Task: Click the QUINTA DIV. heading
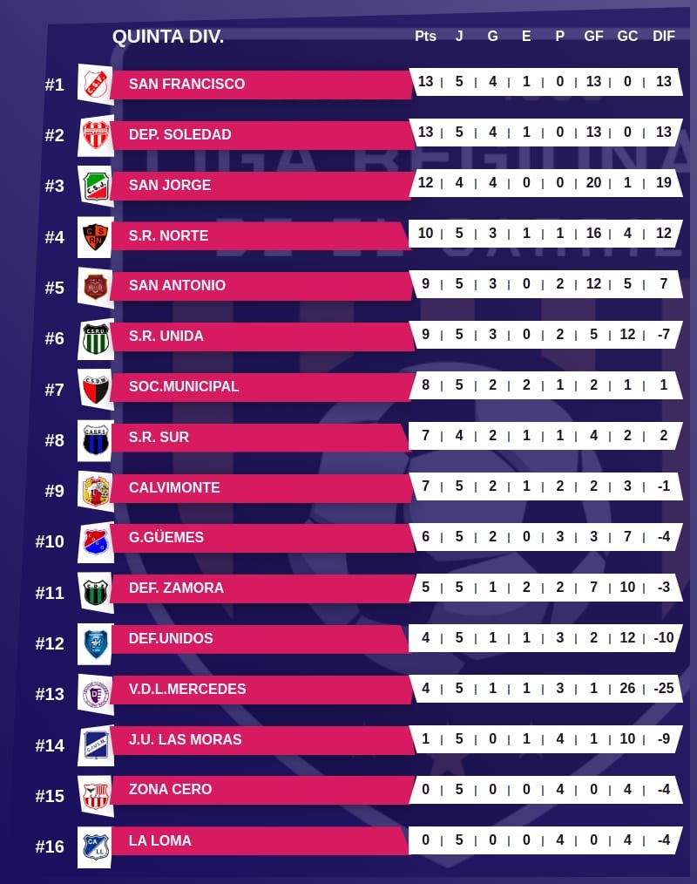click(168, 37)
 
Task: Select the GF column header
click(593, 37)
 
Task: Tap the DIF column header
click(664, 37)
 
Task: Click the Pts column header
click(425, 37)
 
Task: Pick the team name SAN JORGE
click(170, 185)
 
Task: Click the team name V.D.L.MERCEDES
click(187, 689)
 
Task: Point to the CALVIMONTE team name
click(174, 487)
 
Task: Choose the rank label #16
click(50, 847)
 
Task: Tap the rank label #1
click(55, 85)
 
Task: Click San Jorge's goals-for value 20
click(593, 182)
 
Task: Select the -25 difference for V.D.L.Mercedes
click(664, 688)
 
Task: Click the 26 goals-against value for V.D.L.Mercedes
click(627, 688)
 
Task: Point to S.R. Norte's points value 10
click(425, 233)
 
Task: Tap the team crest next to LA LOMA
click(95, 846)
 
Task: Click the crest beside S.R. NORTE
click(95, 235)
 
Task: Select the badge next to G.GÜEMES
click(95, 541)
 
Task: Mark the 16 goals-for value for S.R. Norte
click(593, 233)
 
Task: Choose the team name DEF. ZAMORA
click(176, 588)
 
